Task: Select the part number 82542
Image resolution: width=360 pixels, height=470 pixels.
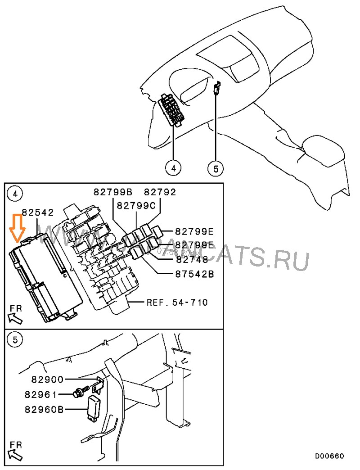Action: click(38, 212)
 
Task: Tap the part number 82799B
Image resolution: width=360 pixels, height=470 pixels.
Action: click(112, 192)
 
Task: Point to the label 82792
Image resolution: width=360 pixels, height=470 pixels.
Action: click(160, 192)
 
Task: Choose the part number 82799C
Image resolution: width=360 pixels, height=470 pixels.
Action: click(136, 206)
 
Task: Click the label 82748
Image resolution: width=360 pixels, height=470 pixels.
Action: click(192, 259)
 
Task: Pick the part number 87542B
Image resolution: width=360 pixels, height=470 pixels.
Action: click(194, 273)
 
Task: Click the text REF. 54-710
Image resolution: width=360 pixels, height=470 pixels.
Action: click(177, 302)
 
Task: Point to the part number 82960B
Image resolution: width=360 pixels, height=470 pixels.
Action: click(44, 410)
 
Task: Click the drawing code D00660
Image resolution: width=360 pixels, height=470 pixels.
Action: click(329, 456)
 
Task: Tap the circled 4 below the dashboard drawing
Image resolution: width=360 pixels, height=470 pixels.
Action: click(173, 168)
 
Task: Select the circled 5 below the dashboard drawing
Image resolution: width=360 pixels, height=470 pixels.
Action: click(215, 168)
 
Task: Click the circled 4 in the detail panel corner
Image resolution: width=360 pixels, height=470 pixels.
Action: click(15, 194)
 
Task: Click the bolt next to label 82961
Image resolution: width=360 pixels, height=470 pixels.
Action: click(79, 393)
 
